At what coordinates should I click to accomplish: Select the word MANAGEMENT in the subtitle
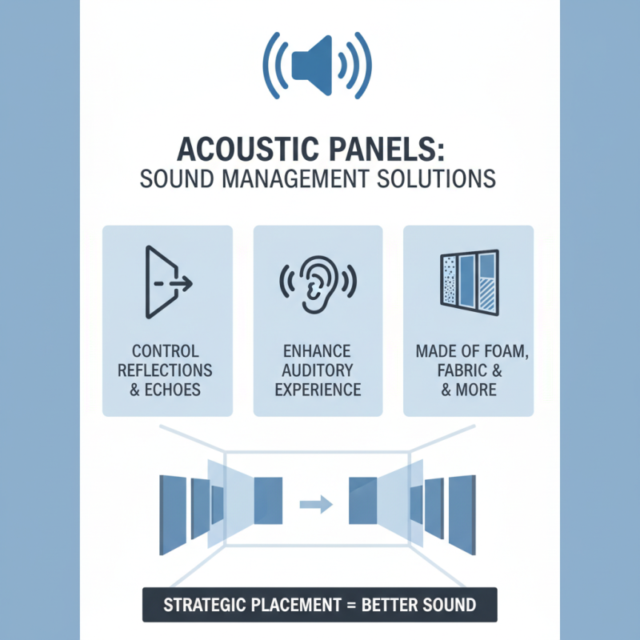287,177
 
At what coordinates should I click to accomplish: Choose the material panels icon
469,281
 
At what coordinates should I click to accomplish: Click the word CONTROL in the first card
166,351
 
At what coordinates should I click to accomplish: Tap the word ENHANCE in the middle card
318,351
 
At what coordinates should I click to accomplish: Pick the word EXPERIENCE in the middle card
318,390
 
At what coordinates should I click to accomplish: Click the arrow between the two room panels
315,504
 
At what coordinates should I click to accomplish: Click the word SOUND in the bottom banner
451,604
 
